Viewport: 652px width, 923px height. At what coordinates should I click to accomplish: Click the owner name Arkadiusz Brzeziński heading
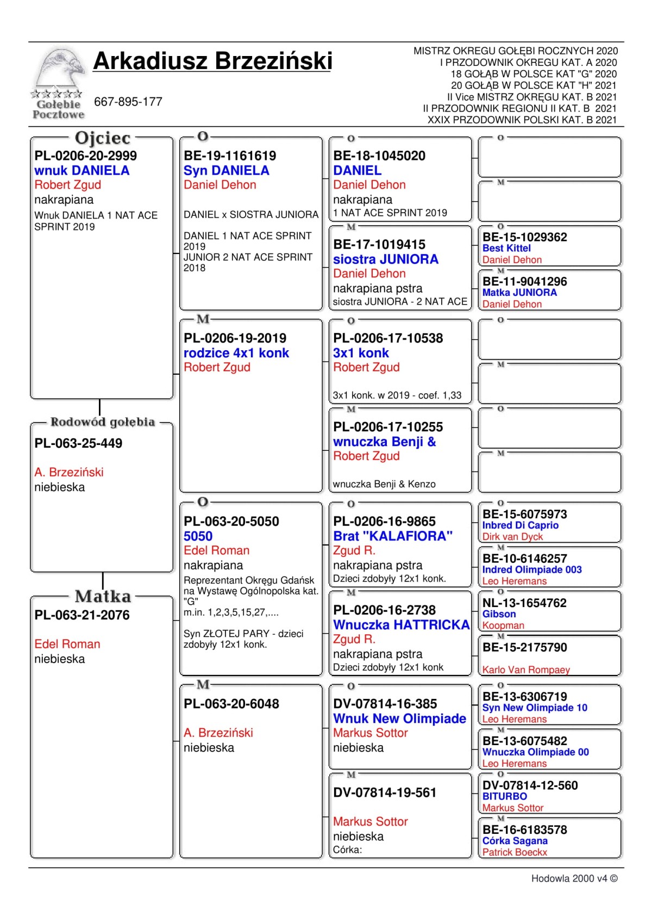212,61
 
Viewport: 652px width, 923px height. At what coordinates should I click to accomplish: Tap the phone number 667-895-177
128,102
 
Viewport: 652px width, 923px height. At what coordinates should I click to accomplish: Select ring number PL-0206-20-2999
85,156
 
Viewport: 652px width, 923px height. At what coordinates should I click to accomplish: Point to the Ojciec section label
103,138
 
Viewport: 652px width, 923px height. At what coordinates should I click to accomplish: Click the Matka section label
103,597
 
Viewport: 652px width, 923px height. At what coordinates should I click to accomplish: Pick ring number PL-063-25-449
78,443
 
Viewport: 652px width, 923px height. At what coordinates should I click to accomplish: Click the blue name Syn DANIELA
227,171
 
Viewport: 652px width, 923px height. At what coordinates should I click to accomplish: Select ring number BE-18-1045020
379,156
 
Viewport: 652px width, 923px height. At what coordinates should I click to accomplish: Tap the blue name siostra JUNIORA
385,259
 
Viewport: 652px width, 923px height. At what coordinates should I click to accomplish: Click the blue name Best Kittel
506,249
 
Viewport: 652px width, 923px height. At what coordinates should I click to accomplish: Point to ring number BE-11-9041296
524,282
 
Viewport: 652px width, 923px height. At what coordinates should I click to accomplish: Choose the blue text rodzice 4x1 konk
236,353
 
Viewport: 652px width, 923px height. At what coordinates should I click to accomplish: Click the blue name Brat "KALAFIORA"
393,536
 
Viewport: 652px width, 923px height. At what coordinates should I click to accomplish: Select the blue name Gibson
499,614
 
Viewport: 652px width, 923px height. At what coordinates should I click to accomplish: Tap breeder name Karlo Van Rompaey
526,670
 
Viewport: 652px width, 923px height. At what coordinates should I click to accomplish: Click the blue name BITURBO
504,796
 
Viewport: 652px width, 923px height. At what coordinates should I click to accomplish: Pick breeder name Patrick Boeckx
515,852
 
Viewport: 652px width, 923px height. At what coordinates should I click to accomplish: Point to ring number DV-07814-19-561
385,793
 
